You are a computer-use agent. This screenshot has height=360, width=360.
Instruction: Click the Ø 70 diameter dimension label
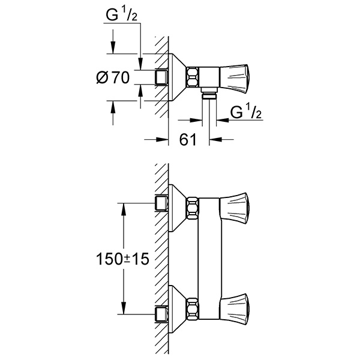click(x=113, y=77)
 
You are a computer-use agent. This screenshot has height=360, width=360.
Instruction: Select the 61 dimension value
click(x=188, y=139)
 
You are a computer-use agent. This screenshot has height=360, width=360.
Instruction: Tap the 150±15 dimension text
click(x=123, y=259)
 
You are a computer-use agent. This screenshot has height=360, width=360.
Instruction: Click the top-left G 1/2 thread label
click(x=121, y=14)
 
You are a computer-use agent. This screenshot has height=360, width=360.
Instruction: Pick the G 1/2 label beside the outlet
click(x=246, y=111)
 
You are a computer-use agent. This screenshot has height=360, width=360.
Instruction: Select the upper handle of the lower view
click(x=235, y=208)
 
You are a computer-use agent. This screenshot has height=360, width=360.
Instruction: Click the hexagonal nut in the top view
click(x=193, y=77)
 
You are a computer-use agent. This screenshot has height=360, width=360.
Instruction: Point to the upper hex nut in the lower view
click(x=193, y=208)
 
